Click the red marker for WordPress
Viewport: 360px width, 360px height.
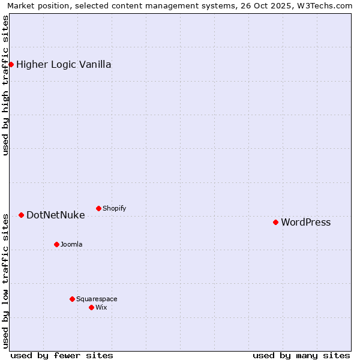pos(275,222)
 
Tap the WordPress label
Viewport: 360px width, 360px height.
pos(305,223)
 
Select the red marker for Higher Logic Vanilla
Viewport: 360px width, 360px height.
pos(11,64)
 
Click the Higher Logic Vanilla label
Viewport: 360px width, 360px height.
pos(64,65)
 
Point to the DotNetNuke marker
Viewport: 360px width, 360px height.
pos(21,215)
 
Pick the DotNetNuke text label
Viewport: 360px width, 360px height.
pos(55,215)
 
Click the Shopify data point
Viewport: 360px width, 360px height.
pos(98,208)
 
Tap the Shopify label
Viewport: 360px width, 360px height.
pos(114,209)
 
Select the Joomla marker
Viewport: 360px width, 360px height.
pos(56,244)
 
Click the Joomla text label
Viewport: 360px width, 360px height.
pos(71,245)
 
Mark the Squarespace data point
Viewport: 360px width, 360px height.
pos(72,299)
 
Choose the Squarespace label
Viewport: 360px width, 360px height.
pos(97,299)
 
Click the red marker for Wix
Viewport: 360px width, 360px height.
pos(91,307)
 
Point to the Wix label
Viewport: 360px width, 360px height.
pos(101,308)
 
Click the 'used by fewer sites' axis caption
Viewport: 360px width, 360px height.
pos(62,355)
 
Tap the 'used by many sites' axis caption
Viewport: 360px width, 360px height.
pos(301,355)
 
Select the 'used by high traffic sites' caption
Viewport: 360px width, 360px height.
pos(5,85)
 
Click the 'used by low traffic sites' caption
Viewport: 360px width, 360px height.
pos(5,280)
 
